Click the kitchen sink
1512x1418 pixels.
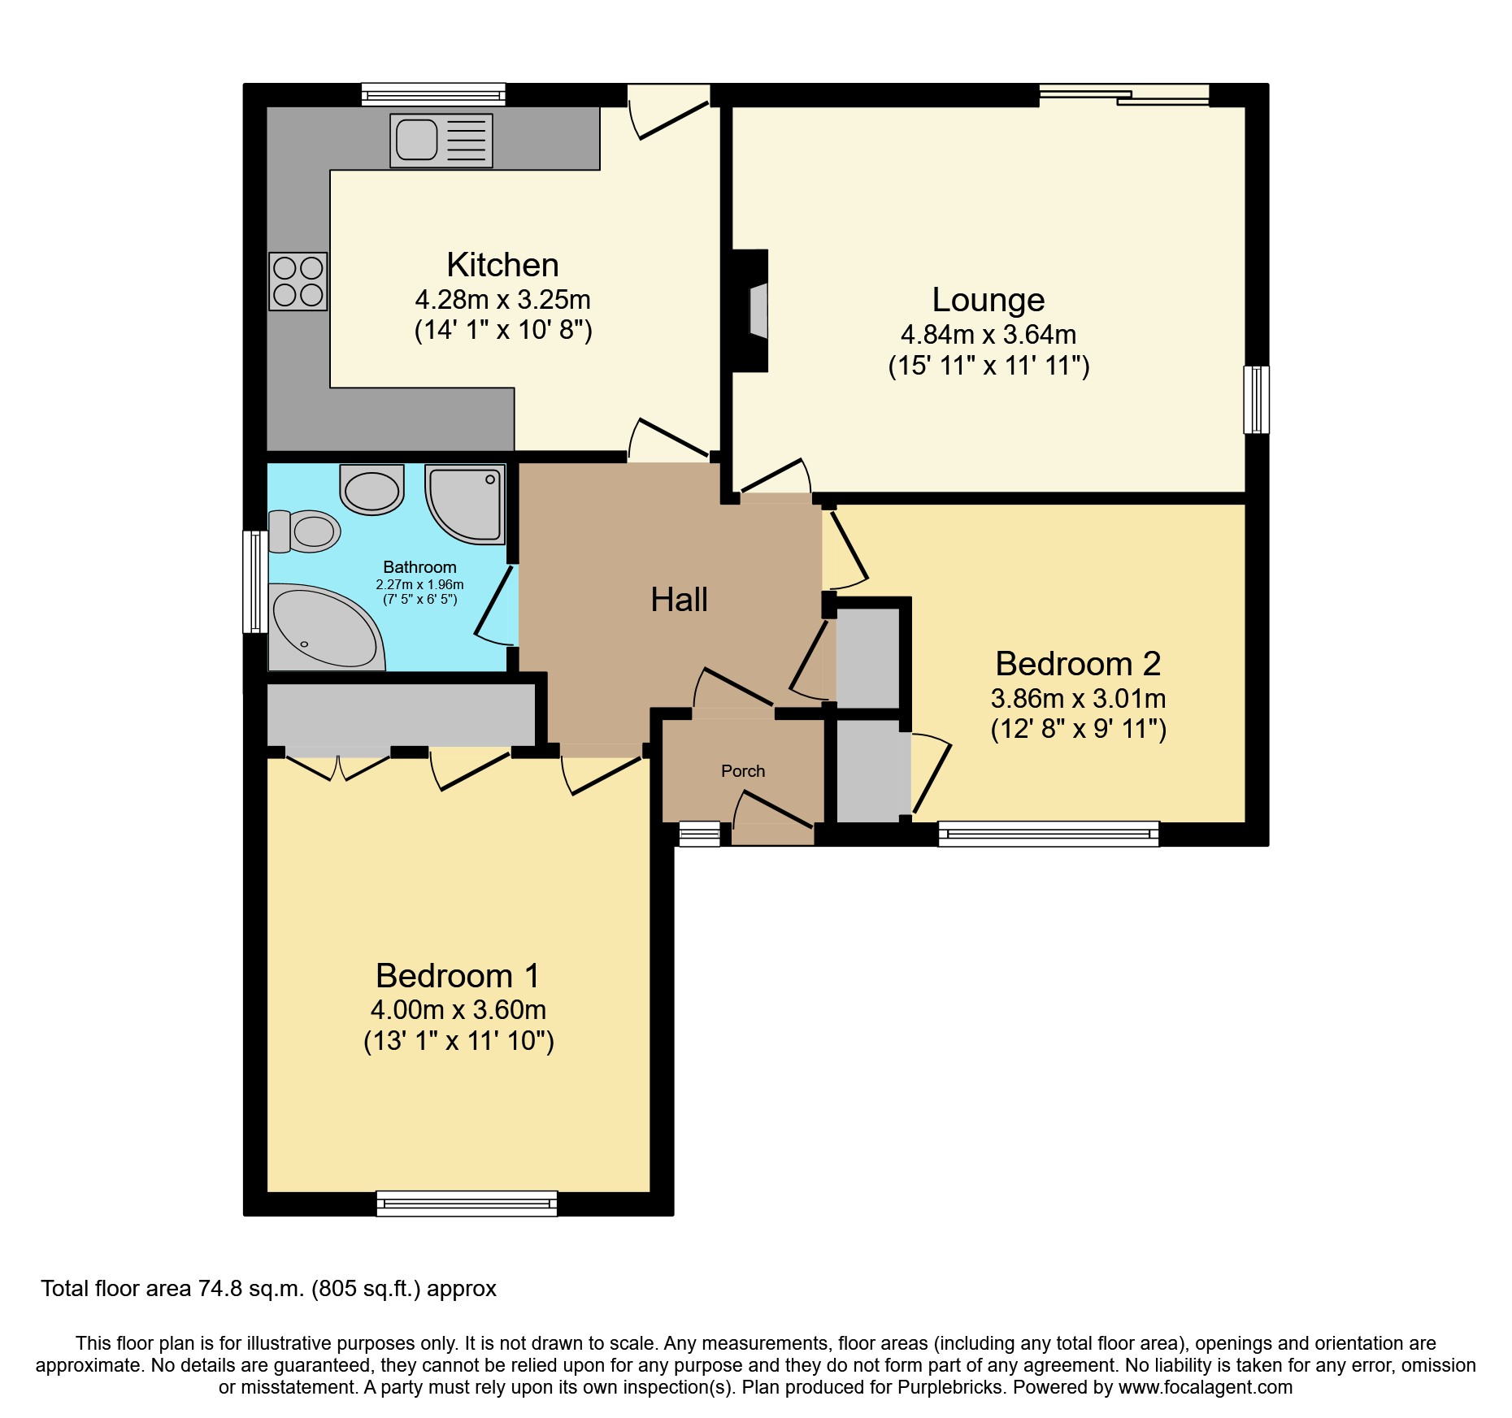[441, 141]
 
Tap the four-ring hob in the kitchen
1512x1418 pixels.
[298, 281]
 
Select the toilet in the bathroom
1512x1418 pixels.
[305, 531]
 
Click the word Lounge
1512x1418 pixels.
[988, 300]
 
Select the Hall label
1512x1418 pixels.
[679, 600]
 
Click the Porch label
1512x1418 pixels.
[743, 771]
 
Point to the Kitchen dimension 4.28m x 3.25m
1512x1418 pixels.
[502, 300]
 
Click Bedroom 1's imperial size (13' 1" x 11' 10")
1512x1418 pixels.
[458, 1041]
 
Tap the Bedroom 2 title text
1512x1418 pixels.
[1078, 664]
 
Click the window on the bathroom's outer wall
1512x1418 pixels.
[255, 582]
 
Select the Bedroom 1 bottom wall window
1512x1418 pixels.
[467, 1203]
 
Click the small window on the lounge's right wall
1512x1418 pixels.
[1256, 400]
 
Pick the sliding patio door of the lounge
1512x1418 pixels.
[1123, 96]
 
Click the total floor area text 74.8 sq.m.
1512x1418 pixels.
[268, 1289]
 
